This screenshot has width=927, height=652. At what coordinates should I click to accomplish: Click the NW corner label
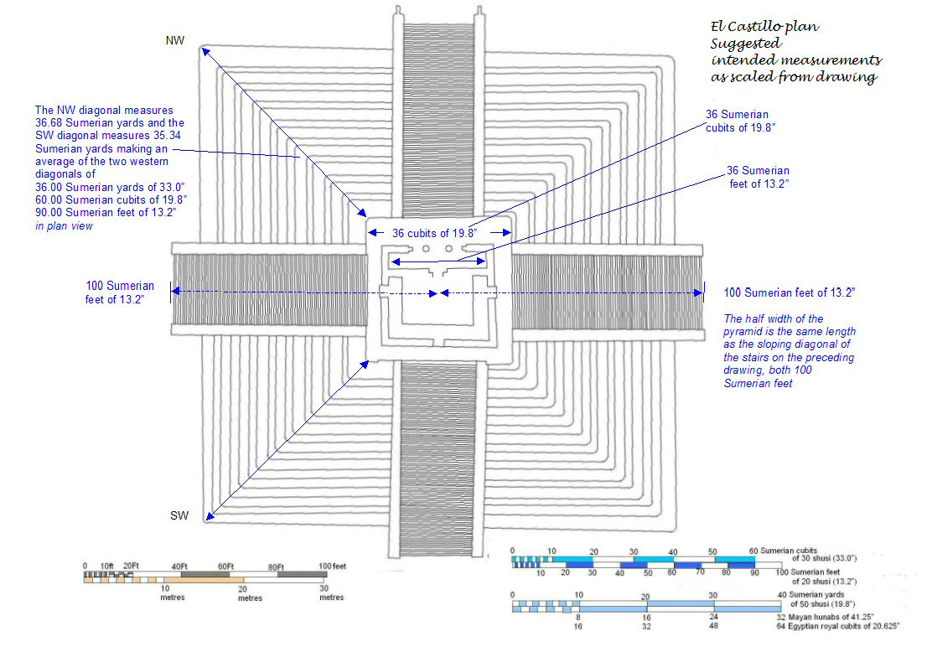click(175, 40)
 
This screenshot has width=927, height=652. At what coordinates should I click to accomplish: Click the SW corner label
click(179, 515)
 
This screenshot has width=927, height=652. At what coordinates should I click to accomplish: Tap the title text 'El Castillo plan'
click(765, 27)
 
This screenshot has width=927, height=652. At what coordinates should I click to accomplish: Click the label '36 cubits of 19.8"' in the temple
click(434, 233)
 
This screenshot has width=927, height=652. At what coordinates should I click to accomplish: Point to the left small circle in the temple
click(426, 249)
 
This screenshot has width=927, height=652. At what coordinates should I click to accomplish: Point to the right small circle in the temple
click(448, 249)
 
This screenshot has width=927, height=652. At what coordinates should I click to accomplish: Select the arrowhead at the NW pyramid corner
click(205, 52)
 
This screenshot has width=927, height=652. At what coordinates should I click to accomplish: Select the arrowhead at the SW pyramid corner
click(210, 516)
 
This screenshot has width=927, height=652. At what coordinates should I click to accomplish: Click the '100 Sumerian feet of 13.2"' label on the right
click(790, 292)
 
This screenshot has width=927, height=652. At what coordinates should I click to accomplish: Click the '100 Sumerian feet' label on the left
click(119, 292)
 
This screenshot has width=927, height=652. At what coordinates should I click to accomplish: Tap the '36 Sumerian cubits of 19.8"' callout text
click(740, 122)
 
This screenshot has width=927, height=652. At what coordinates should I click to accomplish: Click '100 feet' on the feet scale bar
click(332, 567)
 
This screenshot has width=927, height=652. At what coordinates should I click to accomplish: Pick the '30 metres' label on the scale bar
click(332, 592)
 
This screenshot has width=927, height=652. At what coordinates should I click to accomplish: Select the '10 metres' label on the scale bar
click(173, 592)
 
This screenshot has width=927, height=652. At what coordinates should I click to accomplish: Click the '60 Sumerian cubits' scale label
click(783, 551)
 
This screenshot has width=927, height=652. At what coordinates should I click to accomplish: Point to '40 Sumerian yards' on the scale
click(810, 595)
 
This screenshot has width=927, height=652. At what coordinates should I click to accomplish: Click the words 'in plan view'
click(64, 225)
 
